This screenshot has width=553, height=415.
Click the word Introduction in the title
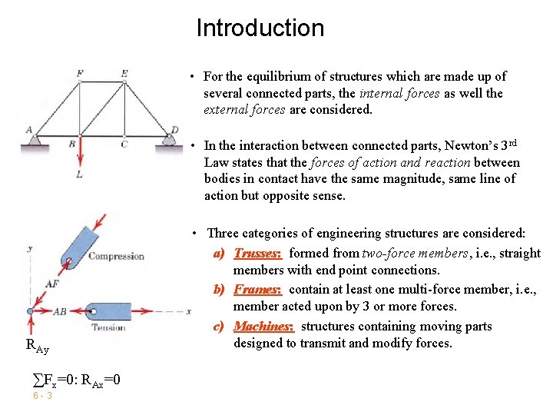(x=260, y=28)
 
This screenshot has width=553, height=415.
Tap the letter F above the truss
(x=80, y=74)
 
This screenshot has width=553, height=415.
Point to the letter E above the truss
(x=124, y=74)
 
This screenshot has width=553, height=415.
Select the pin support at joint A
(x=34, y=139)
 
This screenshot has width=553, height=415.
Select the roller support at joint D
(x=171, y=139)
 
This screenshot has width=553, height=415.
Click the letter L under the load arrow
(x=79, y=175)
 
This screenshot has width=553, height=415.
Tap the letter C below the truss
(x=124, y=144)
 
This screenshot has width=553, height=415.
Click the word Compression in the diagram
(x=116, y=256)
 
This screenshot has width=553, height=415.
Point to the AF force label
(x=52, y=284)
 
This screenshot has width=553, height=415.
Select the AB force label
(x=61, y=311)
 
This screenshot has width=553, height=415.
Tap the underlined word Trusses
(x=258, y=254)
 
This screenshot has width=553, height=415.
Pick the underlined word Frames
(x=258, y=290)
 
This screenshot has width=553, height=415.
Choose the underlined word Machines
(x=263, y=327)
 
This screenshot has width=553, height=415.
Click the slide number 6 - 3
(x=42, y=396)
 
